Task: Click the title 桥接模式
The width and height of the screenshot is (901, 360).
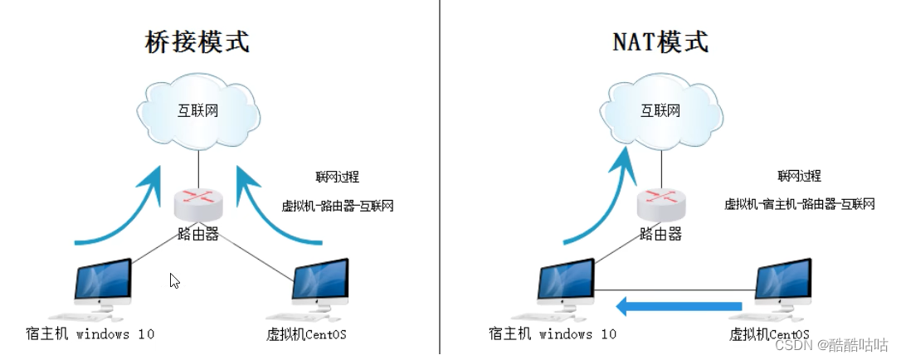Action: point(197,41)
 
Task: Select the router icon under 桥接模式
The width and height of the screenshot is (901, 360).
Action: point(197,202)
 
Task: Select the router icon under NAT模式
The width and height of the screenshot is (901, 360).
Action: point(660,202)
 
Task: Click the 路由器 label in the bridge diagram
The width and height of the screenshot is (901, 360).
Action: point(198,234)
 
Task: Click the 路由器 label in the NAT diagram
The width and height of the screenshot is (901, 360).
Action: point(660,234)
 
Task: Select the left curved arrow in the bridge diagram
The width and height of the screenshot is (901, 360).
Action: point(124,212)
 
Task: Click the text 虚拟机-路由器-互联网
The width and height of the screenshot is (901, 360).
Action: point(338,204)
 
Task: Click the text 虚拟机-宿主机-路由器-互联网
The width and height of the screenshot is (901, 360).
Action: point(800,204)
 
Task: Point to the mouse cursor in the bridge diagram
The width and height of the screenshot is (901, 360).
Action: point(174,280)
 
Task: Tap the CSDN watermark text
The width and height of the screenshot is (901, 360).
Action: point(839,343)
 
